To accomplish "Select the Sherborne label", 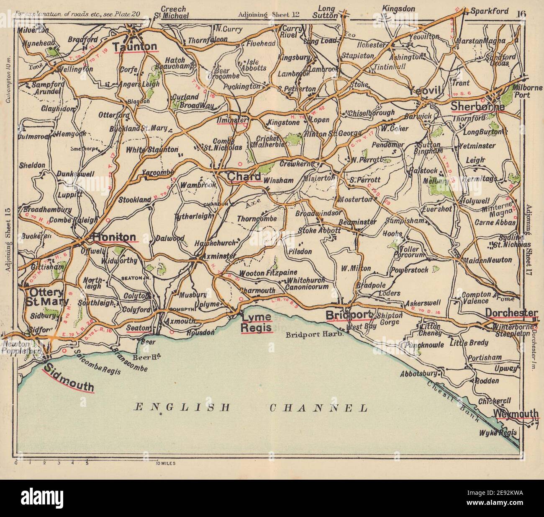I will (x=477, y=107).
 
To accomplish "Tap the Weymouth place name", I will (x=516, y=414).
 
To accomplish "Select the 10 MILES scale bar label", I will (x=165, y=464).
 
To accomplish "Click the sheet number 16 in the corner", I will (x=521, y=13).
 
